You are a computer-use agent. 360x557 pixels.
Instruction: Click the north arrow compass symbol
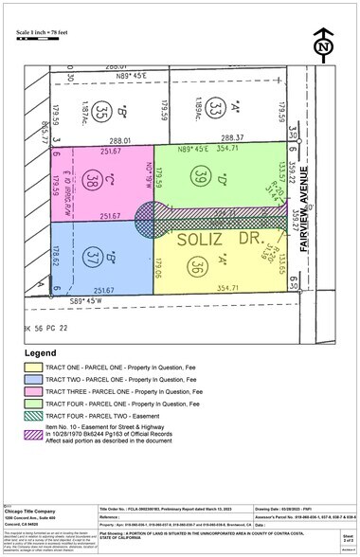[325, 44]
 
